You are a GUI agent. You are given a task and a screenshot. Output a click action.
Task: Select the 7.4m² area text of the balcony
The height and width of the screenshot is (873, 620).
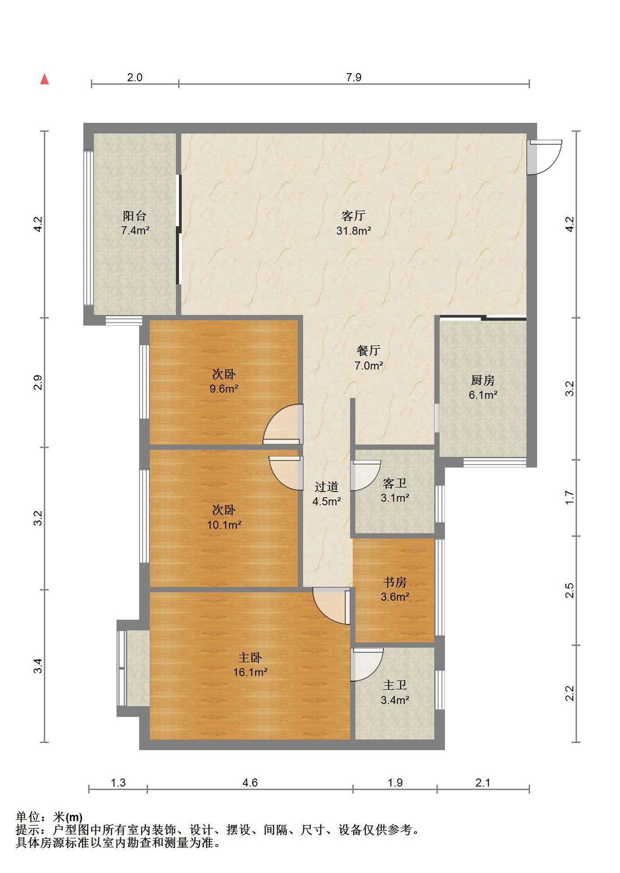point(135,230)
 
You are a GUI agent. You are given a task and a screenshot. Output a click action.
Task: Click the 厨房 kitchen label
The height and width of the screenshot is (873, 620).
point(483,380)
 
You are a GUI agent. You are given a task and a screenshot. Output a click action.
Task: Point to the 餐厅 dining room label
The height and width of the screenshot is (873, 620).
point(368,351)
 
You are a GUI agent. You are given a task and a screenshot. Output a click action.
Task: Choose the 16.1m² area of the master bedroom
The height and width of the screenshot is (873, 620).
point(250,672)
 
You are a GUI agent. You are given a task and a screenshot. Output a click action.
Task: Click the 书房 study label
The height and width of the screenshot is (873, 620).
point(395,582)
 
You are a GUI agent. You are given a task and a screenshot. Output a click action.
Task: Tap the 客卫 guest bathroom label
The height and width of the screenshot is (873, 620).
point(395,483)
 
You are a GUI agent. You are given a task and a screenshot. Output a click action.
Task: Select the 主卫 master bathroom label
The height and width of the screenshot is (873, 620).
point(395,685)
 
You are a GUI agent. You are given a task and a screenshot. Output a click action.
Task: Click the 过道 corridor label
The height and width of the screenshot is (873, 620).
point(327,487)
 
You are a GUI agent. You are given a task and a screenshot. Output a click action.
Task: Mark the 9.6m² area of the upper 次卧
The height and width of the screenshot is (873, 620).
point(224,389)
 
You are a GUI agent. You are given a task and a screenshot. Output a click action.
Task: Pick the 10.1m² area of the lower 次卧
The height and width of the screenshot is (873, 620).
point(224,525)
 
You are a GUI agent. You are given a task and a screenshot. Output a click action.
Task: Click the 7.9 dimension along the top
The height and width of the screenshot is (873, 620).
point(354,77)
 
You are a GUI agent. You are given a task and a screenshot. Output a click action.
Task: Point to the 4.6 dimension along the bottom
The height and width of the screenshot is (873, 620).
point(250,783)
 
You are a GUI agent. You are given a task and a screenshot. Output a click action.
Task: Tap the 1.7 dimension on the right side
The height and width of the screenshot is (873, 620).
point(570,498)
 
